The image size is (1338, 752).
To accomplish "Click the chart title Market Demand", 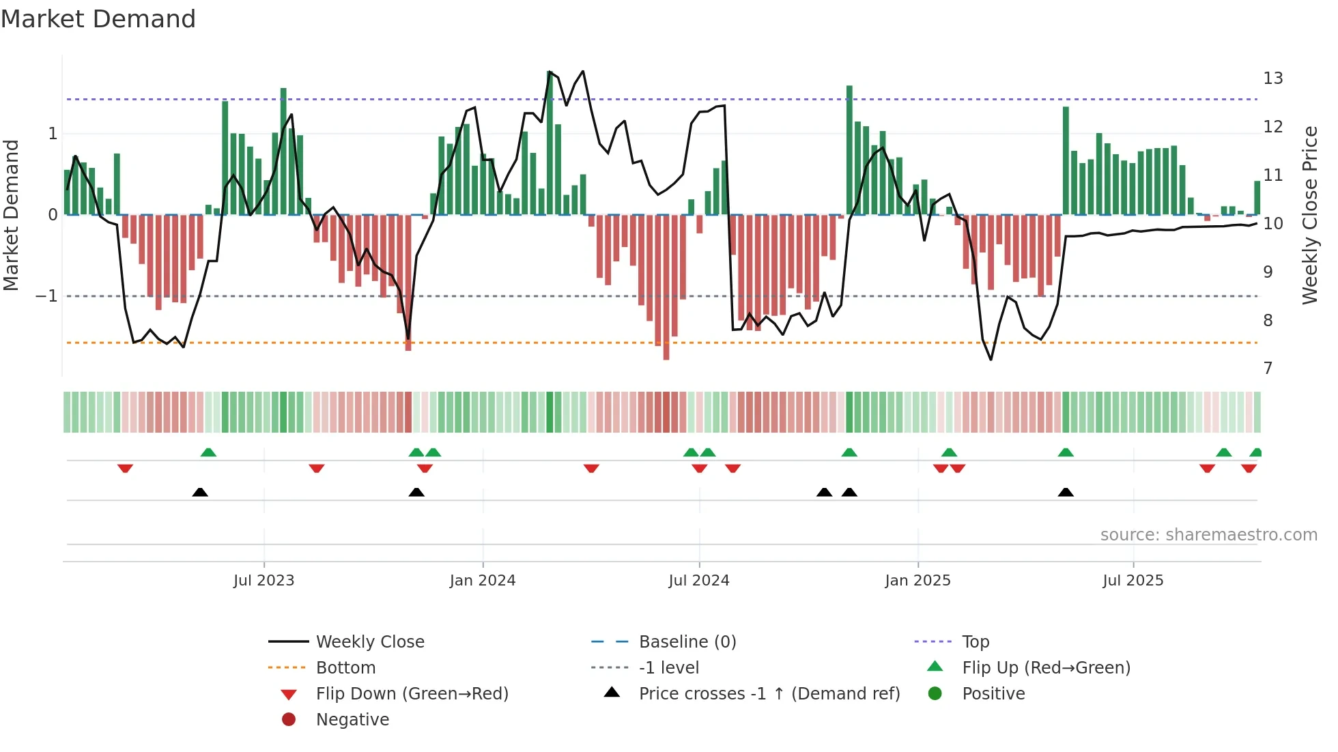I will [98, 19].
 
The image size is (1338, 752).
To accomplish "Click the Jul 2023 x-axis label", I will [264, 581].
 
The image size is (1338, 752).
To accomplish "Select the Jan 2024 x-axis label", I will [483, 581].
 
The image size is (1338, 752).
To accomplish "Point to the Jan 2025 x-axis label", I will [917, 581].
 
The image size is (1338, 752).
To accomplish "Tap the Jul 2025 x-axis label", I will [1133, 581].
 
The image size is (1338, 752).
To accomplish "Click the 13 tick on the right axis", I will [1272, 78].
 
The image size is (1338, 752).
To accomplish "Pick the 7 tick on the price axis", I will [1268, 368].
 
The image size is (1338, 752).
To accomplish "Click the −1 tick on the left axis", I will [46, 296].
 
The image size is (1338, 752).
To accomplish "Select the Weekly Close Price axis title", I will [1309, 215].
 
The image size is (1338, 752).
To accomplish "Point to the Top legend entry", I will [975, 642].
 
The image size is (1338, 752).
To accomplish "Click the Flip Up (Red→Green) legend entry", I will [1046, 668].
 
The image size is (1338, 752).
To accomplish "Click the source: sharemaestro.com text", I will [1208, 535].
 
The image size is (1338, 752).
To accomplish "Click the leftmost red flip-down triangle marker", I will [125, 468].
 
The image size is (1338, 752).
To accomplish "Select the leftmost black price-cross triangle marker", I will [200, 492].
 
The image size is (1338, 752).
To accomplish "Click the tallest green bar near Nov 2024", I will [849, 150].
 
